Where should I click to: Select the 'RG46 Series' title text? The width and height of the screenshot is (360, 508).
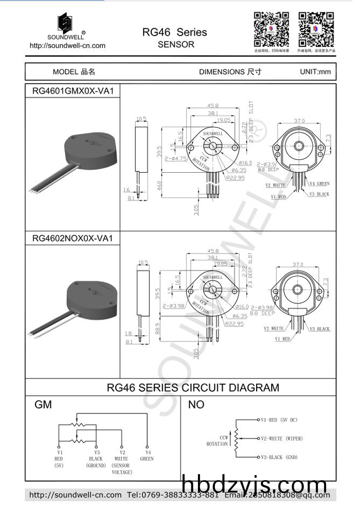174,32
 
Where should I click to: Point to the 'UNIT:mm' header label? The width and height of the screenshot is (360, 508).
315,71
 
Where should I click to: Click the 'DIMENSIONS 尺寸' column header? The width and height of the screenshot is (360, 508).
230,71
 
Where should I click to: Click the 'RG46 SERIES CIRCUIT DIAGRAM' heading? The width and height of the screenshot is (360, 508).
193,388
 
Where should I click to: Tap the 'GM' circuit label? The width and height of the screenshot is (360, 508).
43,405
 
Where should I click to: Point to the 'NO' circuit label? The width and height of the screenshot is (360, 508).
196,405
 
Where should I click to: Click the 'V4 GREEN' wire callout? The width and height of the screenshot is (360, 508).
319,184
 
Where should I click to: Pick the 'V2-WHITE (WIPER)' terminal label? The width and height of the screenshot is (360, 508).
282,439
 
